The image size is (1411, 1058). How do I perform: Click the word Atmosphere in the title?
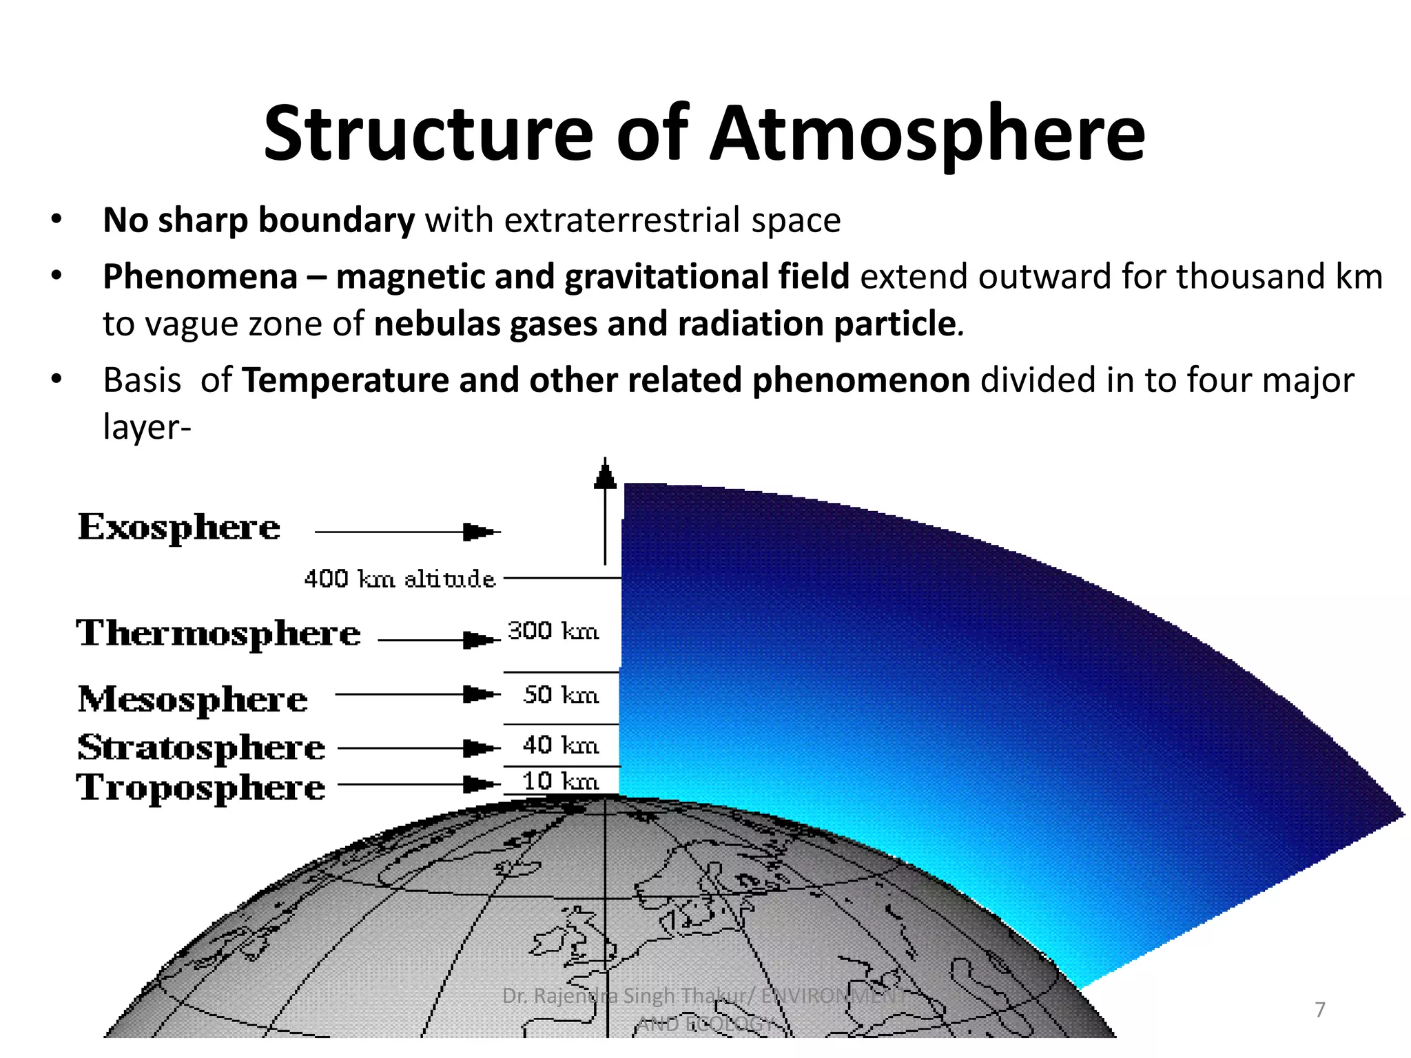927,134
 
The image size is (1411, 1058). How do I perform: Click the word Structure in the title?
427,134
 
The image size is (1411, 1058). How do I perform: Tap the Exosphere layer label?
179,528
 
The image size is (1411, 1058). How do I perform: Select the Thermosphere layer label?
218,634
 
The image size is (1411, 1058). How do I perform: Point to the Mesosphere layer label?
193,700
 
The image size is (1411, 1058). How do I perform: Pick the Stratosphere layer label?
201,748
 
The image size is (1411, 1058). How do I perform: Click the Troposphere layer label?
201,787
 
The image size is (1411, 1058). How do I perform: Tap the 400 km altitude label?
400,579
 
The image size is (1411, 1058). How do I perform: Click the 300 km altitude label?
553,631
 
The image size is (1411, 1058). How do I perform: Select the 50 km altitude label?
561,695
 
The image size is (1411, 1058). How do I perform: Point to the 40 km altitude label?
561,745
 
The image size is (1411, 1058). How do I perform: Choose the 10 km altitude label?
561,782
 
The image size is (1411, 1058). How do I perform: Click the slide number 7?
1320,1010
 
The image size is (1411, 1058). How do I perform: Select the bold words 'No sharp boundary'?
258,220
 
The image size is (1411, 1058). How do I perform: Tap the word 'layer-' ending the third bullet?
147,427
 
